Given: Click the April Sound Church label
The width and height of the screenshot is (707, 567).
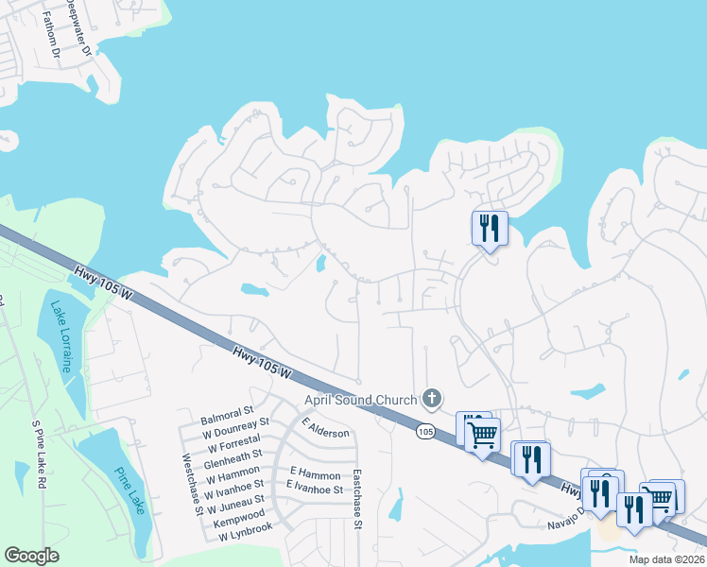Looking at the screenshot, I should [360, 400].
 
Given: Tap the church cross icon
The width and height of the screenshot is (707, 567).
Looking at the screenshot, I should [432, 398].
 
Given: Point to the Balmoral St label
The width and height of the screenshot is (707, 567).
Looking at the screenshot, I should [227, 413].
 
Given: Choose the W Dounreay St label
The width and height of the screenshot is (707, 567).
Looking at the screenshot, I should [234, 428].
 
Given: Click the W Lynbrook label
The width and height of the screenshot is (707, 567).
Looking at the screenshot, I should [245, 535].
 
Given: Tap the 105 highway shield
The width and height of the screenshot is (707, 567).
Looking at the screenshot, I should [425, 431].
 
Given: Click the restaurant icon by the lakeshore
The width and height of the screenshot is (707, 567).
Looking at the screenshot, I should [490, 229].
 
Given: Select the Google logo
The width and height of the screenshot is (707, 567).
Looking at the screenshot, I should [32, 556].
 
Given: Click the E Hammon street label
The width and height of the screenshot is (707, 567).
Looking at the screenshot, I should [313, 471].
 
